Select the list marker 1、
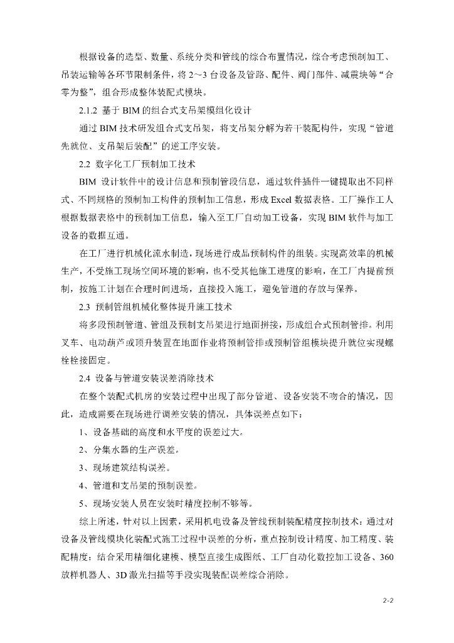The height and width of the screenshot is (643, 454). click(x=84, y=433)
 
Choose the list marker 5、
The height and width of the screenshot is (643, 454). click(x=84, y=504)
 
